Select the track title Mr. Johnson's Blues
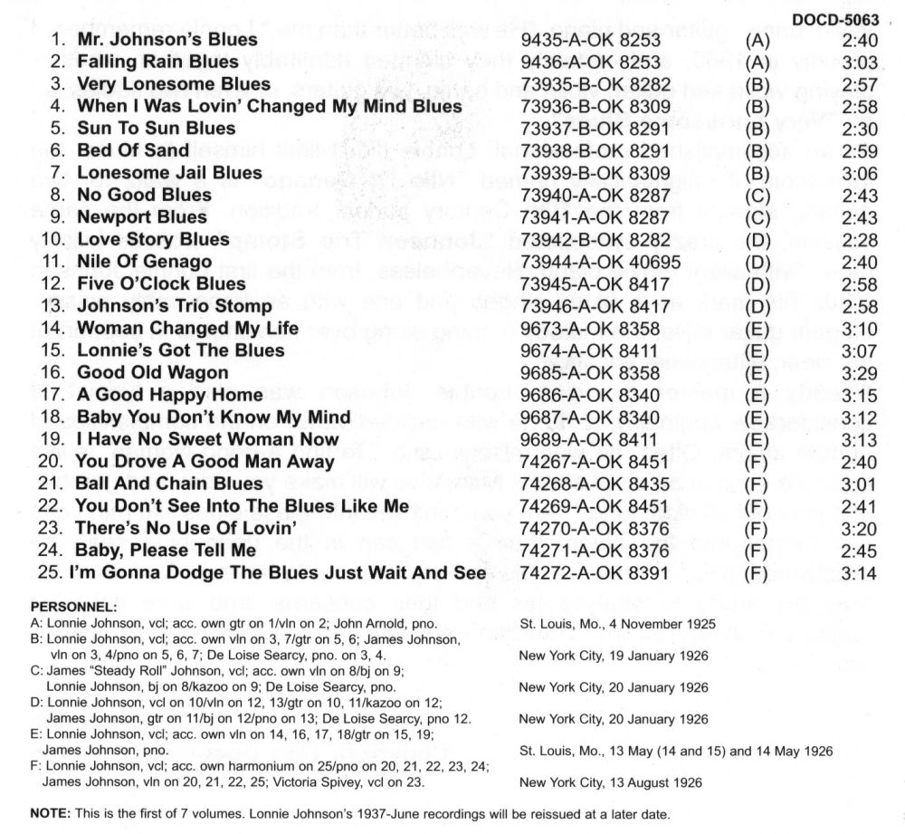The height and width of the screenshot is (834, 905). tap(167, 40)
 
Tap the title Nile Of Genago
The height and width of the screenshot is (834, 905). tap(145, 262)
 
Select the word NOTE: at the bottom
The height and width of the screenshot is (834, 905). tap(50, 814)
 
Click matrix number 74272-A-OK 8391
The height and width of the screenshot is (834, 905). tap(589, 572)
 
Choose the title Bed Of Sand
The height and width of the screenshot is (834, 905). tap(133, 150)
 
